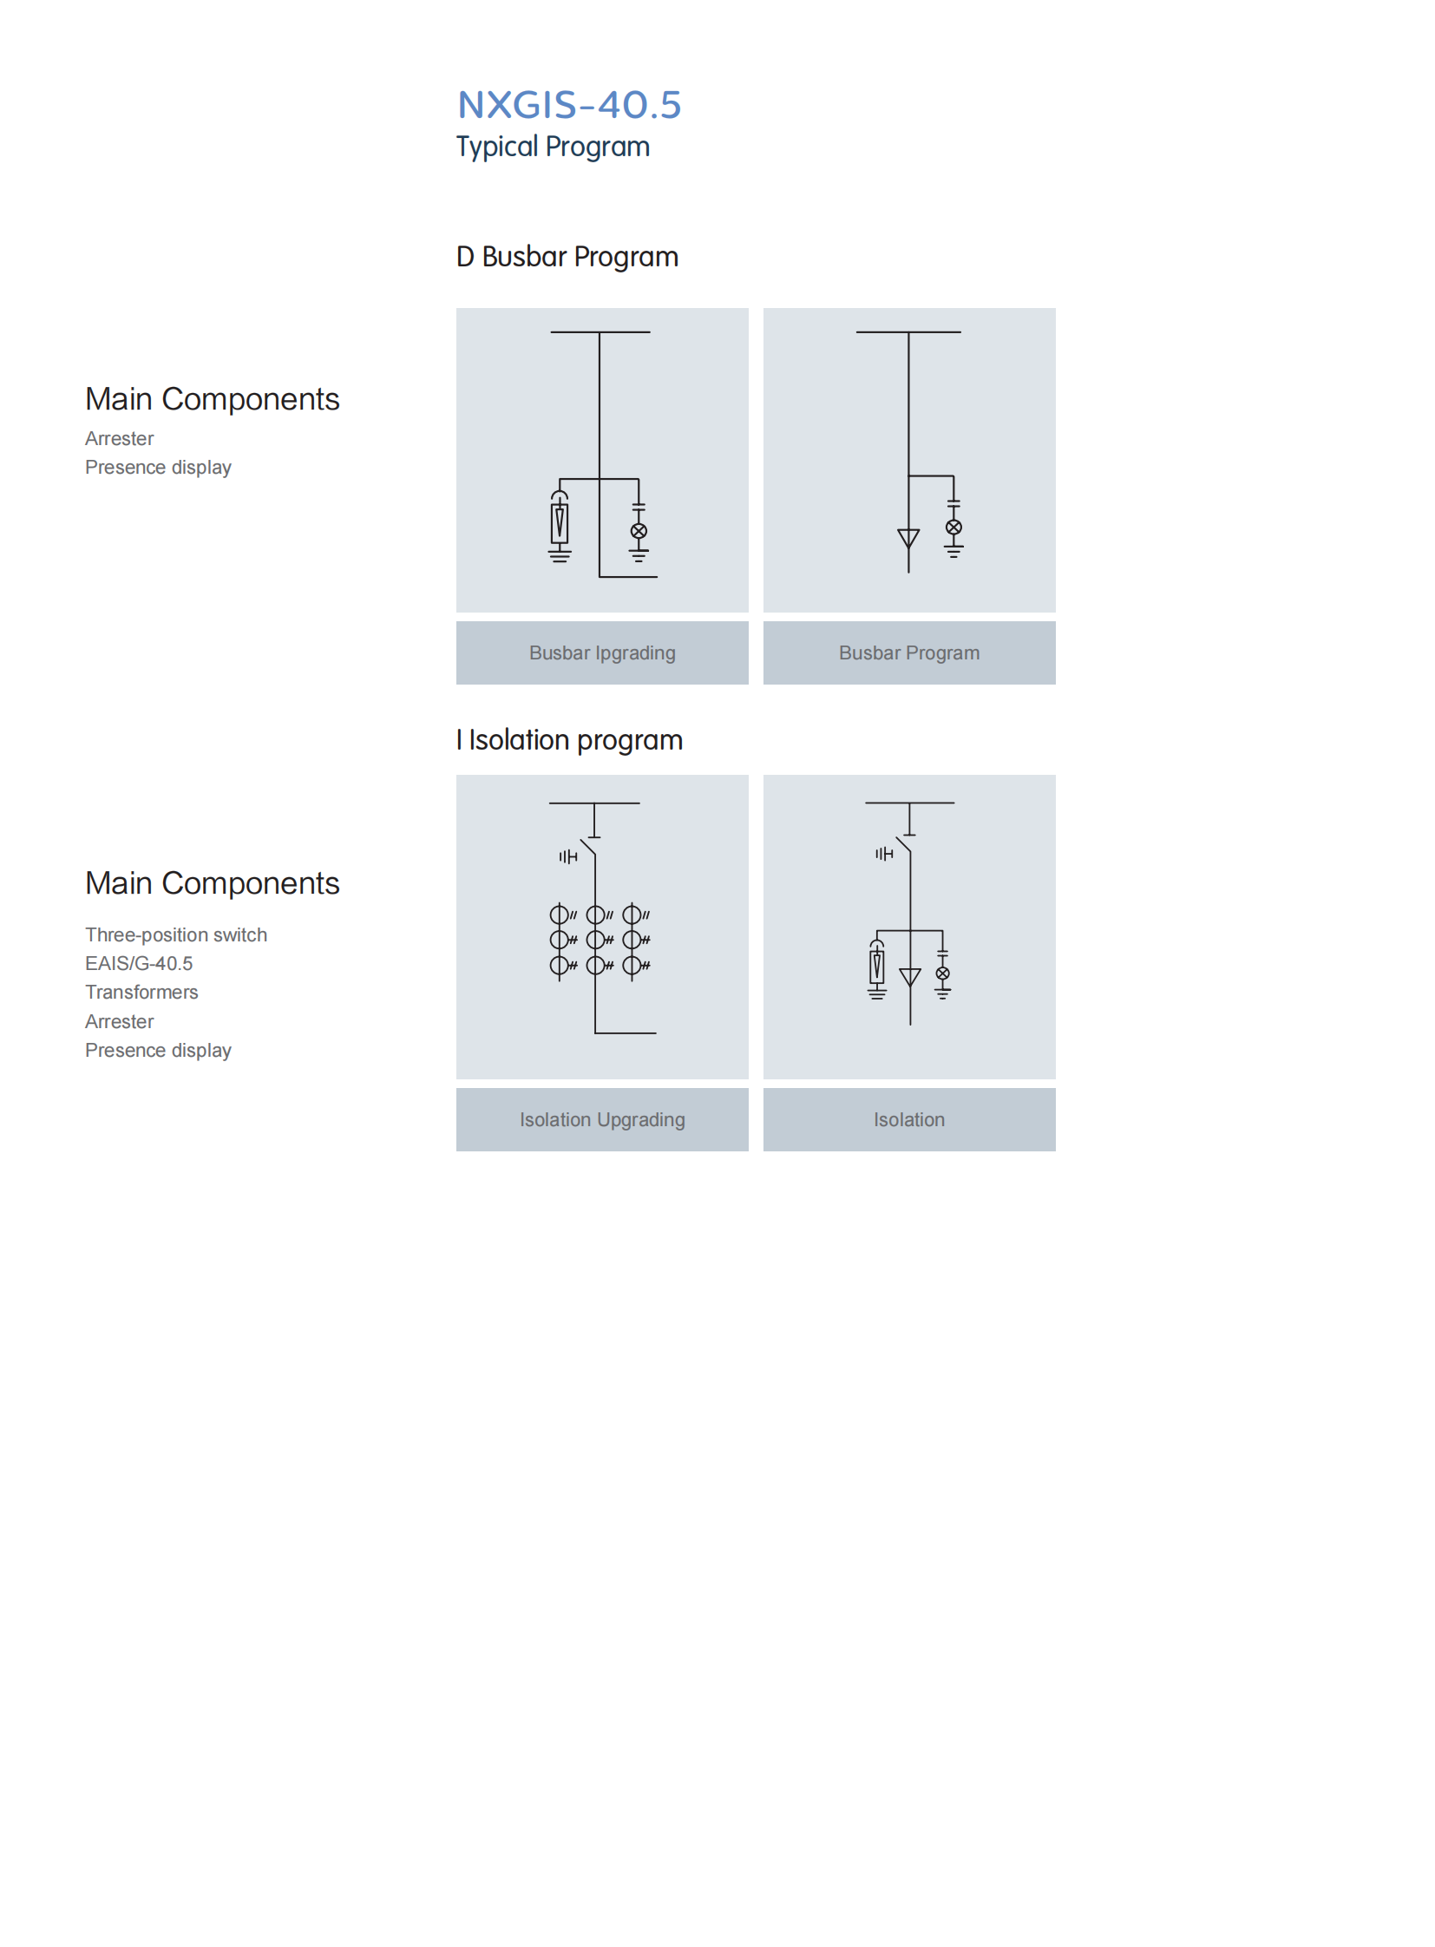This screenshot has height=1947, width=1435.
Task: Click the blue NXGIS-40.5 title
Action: (x=569, y=105)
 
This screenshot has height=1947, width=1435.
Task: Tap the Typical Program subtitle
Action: (x=553, y=147)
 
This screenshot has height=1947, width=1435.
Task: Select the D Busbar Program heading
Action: (x=567, y=257)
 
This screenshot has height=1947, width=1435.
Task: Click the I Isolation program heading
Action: (x=569, y=740)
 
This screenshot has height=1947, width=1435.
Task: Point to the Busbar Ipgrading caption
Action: (x=602, y=652)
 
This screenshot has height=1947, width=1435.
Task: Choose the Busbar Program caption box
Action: (x=908, y=652)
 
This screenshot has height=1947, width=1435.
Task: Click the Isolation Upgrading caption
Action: (x=602, y=1119)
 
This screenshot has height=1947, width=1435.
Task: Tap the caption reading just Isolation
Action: (x=908, y=1119)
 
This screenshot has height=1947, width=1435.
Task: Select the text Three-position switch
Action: (x=176, y=934)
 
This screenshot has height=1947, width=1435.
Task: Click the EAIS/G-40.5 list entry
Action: (x=139, y=963)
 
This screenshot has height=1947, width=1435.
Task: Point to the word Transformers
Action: (x=141, y=993)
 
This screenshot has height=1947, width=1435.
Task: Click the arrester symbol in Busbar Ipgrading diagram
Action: (x=560, y=524)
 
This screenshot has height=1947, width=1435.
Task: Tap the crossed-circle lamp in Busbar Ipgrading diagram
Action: (x=639, y=531)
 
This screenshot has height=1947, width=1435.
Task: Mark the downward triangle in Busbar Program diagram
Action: (x=908, y=539)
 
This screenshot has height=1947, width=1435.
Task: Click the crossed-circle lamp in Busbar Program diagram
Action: (x=953, y=528)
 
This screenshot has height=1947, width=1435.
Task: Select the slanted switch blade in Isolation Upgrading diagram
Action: (x=588, y=847)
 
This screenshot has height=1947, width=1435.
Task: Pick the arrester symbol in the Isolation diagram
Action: (x=877, y=966)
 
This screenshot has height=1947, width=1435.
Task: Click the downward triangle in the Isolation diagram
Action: (x=910, y=978)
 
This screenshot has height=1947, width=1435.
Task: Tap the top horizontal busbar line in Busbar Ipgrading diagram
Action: (x=600, y=332)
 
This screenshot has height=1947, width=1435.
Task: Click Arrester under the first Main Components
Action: (x=119, y=439)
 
